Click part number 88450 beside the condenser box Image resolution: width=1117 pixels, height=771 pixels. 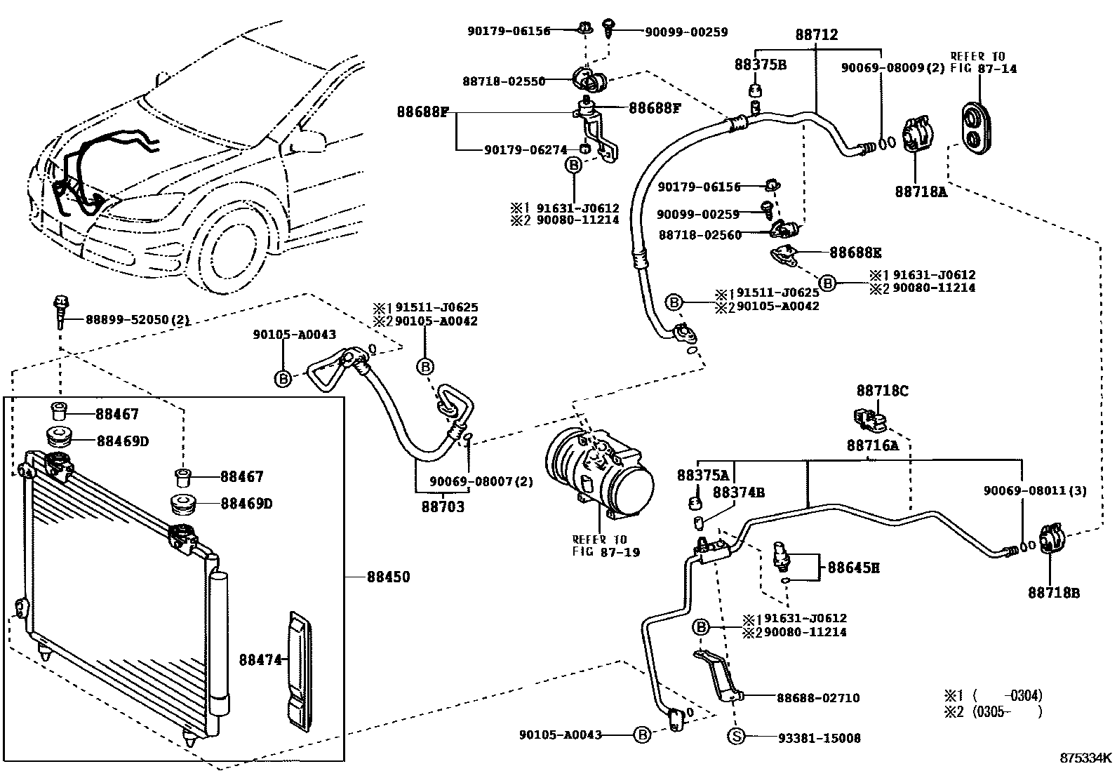(388, 577)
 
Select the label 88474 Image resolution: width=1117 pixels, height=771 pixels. (260, 659)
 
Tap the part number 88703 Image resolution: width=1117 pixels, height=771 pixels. (443, 507)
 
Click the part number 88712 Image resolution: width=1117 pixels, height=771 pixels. (816, 34)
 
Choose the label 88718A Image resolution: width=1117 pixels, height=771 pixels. (921, 192)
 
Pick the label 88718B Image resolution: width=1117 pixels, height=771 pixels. (1054, 593)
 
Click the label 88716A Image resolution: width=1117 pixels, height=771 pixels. (873, 445)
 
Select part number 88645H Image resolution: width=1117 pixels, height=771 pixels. (853, 568)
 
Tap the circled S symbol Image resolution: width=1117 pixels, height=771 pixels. (736, 736)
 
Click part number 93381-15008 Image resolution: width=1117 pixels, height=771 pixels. (820, 737)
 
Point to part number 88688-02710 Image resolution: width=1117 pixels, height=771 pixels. (818, 698)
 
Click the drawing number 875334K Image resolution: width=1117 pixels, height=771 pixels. (1085, 758)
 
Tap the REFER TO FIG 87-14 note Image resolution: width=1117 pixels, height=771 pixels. (983, 63)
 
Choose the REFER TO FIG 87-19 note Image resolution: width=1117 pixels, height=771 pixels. (606, 546)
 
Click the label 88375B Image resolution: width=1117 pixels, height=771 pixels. (761, 65)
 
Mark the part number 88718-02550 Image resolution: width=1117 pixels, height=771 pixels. (504, 81)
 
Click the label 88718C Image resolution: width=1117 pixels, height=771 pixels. (883, 391)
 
